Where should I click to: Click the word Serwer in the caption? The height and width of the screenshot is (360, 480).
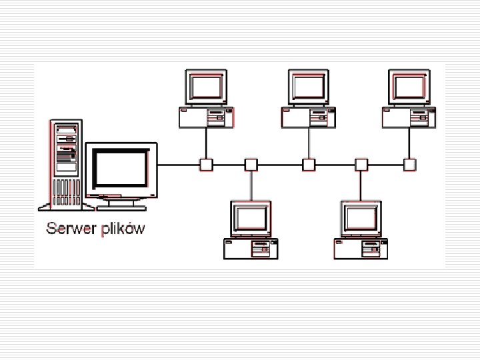[x=70, y=229]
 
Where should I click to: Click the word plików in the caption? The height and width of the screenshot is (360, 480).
[x=122, y=230]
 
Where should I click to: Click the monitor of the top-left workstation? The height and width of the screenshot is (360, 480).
[x=206, y=87]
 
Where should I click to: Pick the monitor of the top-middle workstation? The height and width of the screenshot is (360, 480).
[x=309, y=87]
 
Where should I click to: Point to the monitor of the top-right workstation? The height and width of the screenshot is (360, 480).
[x=409, y=87]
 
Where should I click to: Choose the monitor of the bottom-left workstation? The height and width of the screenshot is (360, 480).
[x=251, y=219]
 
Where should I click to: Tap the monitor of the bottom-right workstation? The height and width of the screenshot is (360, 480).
[x=361, y=219]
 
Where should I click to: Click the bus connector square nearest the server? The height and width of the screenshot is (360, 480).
[x=206, y=164]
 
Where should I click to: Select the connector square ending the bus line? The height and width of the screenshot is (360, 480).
[x=409, y=164]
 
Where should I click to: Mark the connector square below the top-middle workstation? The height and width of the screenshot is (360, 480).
[x=309, y=164]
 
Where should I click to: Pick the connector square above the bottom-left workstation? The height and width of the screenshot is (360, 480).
[x=251, y=164]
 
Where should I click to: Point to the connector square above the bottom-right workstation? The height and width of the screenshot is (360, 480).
[x=361, y=164]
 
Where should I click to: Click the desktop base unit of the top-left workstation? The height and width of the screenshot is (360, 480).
[x=206, y=118]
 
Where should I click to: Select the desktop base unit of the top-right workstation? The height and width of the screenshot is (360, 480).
[x=409, y=118]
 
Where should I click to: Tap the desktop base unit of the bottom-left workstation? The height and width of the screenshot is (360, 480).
[x=251, y=249]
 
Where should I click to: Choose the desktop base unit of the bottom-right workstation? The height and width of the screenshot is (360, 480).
[x=361, y=249]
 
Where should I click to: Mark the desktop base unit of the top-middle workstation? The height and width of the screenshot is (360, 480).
[x=309, y=118]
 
